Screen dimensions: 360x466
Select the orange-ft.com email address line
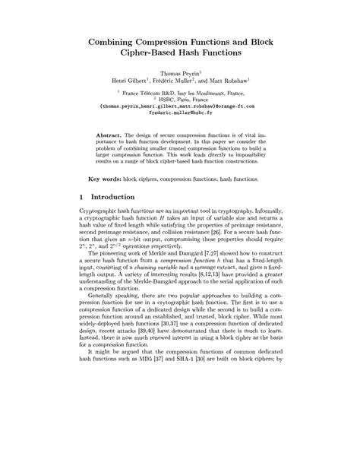point(180,106)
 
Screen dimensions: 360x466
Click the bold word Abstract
point(113,135)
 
